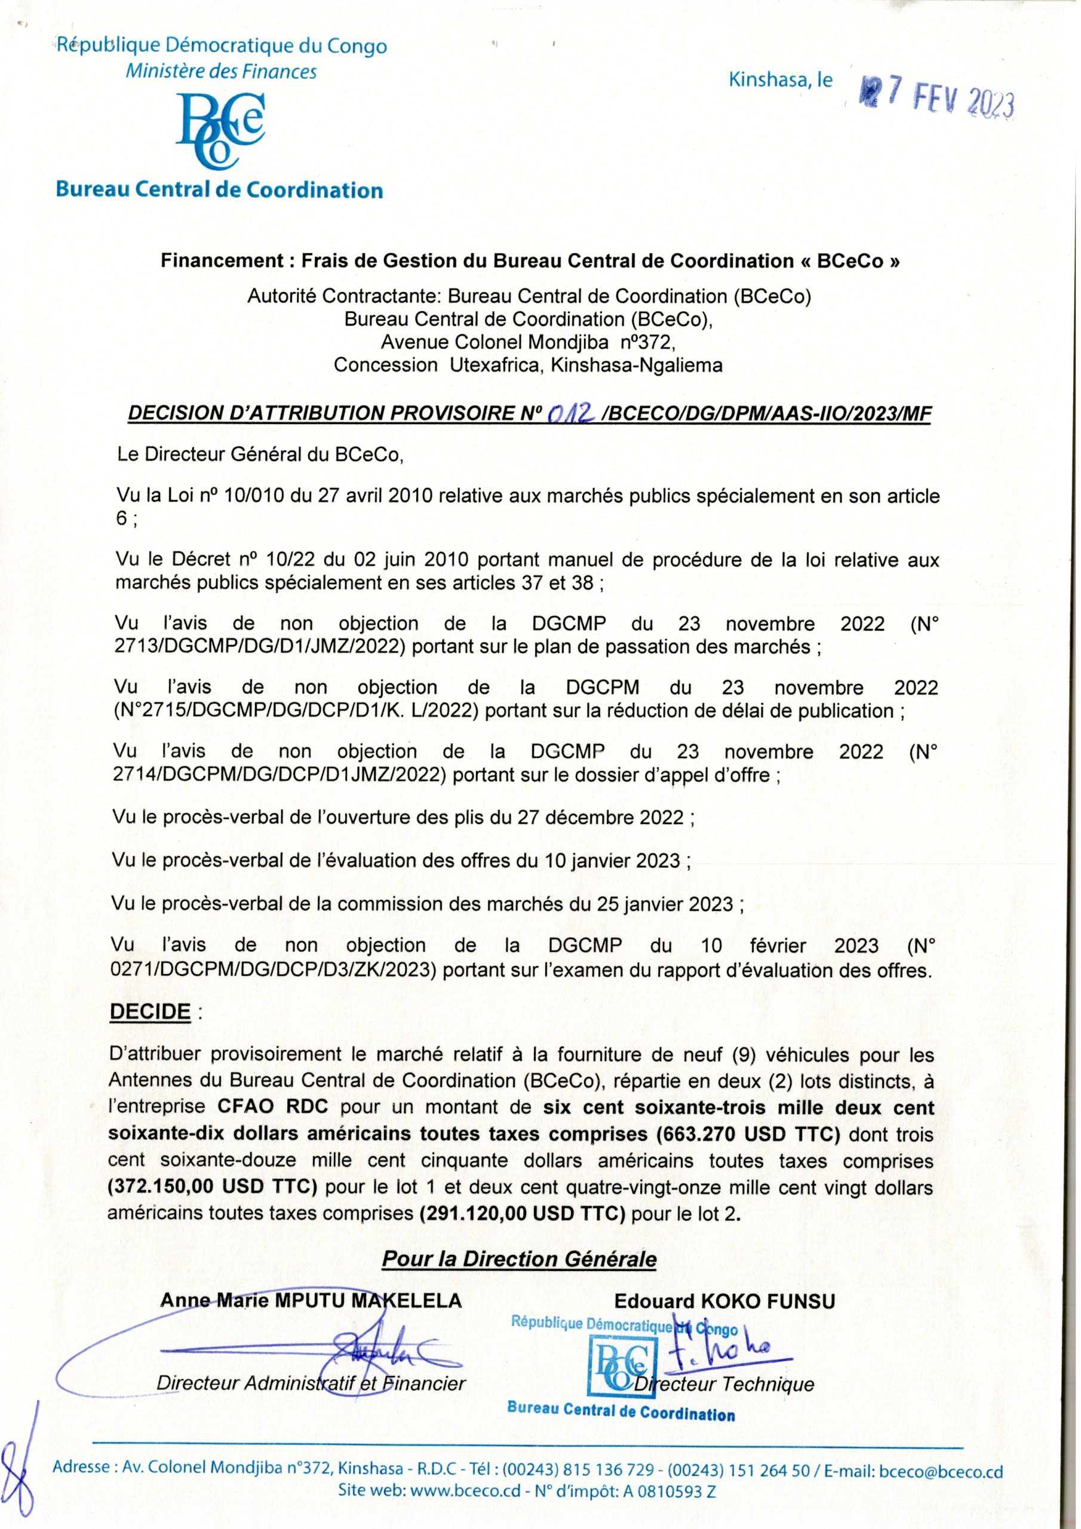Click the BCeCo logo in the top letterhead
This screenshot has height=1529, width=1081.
(220, 127)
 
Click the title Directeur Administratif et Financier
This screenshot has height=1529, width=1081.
(311, 1384)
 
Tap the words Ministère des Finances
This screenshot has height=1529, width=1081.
(221, 71)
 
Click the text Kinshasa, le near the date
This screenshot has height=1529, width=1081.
(780, 81)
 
